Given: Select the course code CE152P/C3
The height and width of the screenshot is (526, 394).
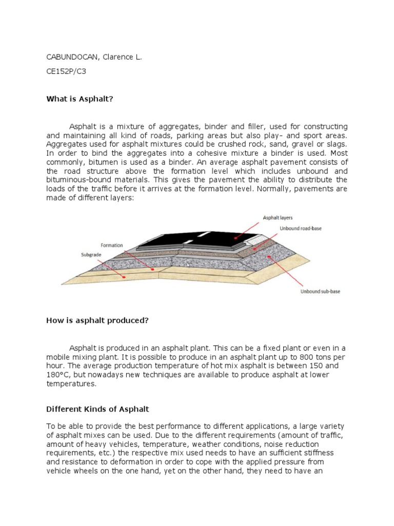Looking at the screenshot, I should coord(66,71).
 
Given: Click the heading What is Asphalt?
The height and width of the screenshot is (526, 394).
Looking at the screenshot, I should coord(79,99).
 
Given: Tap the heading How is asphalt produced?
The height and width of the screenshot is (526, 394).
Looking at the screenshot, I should coord(97,321).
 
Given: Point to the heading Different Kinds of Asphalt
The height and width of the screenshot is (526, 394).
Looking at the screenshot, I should coord(97,409).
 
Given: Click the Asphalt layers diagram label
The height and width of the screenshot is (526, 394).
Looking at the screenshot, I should coord(278,218).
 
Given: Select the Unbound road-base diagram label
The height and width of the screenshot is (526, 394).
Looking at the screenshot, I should coord(300,228).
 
